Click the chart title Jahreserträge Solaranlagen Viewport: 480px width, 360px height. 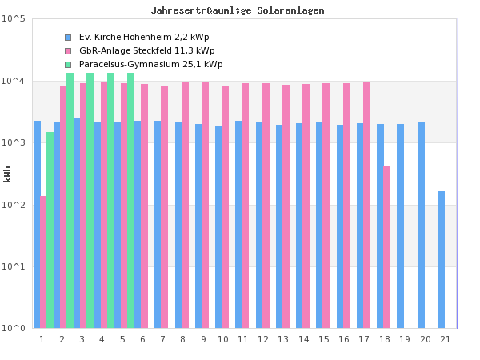(238, 10)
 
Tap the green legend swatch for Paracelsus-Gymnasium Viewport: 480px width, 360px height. (68, 65)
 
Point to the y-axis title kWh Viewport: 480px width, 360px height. (8, 174)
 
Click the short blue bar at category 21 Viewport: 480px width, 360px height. (441, 260)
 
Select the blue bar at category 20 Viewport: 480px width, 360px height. (421, 226)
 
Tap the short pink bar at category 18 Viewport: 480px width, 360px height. (387, 247)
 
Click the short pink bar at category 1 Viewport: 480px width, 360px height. (43, 262)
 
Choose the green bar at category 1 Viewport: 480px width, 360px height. (50, 230)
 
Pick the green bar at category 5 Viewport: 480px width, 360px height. (130, 200)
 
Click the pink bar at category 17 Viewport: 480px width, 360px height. (366, 205)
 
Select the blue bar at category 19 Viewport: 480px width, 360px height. (401, 226)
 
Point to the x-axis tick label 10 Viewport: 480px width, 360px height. (222, 340)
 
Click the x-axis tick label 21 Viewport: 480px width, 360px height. (444, 340)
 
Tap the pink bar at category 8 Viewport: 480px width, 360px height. (185, 205)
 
